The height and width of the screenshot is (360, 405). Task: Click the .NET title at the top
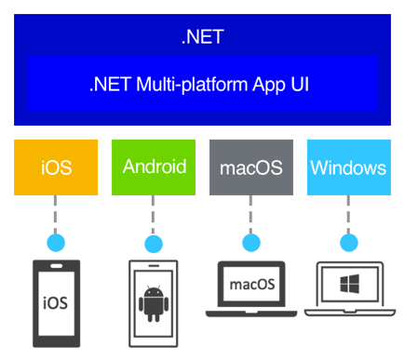coord(202,38)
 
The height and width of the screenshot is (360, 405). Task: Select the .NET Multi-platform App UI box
coord(202,84)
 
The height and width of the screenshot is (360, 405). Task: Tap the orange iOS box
coord(56,167)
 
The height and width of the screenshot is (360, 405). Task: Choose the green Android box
coord(154,167)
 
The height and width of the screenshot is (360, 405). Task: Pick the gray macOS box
coord(250,167)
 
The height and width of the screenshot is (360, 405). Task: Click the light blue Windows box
coord(348,167)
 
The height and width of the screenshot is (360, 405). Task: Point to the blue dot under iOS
coord(56,243)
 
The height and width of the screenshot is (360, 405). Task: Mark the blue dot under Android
coord(154,243)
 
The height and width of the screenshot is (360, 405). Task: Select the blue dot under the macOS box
coord(250,243)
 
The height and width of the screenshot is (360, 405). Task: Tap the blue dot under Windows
coord(348,243)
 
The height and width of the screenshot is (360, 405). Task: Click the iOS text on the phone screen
coord(56,303)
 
